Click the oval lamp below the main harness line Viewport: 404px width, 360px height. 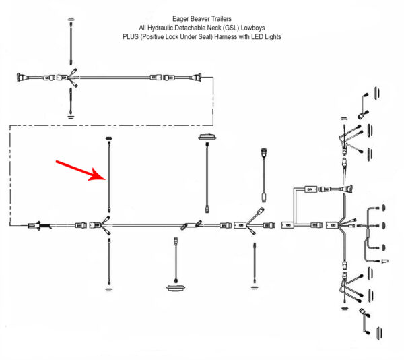coord(175,289)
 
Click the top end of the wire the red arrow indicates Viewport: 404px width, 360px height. coord(108,140)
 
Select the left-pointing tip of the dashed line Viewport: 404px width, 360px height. coord(11,224)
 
